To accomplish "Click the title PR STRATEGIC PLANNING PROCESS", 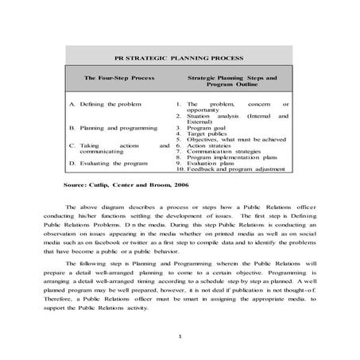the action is click(179, 58).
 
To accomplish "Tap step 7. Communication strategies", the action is click(226, 152).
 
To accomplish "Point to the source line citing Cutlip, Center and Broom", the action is click(126, 184).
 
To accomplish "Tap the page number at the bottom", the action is click(180, 336).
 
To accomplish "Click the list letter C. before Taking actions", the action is click(73, 145).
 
